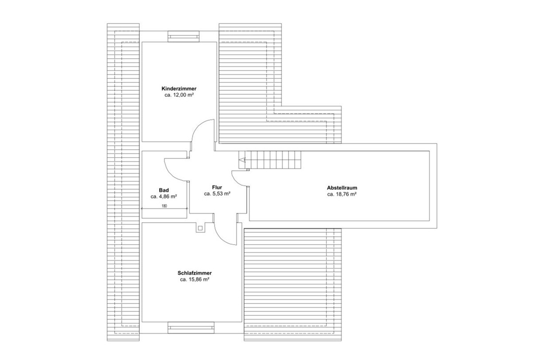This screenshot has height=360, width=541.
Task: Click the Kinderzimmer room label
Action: [179, 89]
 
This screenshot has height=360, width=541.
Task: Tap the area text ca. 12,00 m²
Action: [179, 95]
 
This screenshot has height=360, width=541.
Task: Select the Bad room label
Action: [164, 190]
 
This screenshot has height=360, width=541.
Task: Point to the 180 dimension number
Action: [164, 206]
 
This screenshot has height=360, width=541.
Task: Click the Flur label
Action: [217, 188]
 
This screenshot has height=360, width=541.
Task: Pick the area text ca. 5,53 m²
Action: [217, 194]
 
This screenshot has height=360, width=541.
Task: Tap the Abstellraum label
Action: [342, 188]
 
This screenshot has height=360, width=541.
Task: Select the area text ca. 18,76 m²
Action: [342, 194]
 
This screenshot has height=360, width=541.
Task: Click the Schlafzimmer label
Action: [195, 273]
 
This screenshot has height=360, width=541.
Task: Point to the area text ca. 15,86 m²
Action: [195, 279]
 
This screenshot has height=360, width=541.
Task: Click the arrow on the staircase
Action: [242, 160]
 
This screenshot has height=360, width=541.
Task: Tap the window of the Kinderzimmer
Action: [183, 36]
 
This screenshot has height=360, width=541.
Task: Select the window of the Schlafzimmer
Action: [190, 327]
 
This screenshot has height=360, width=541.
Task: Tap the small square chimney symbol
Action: [200, 228]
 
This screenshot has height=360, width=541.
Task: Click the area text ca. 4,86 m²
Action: [164, 197]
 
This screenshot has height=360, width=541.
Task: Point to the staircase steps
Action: [269, 160]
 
